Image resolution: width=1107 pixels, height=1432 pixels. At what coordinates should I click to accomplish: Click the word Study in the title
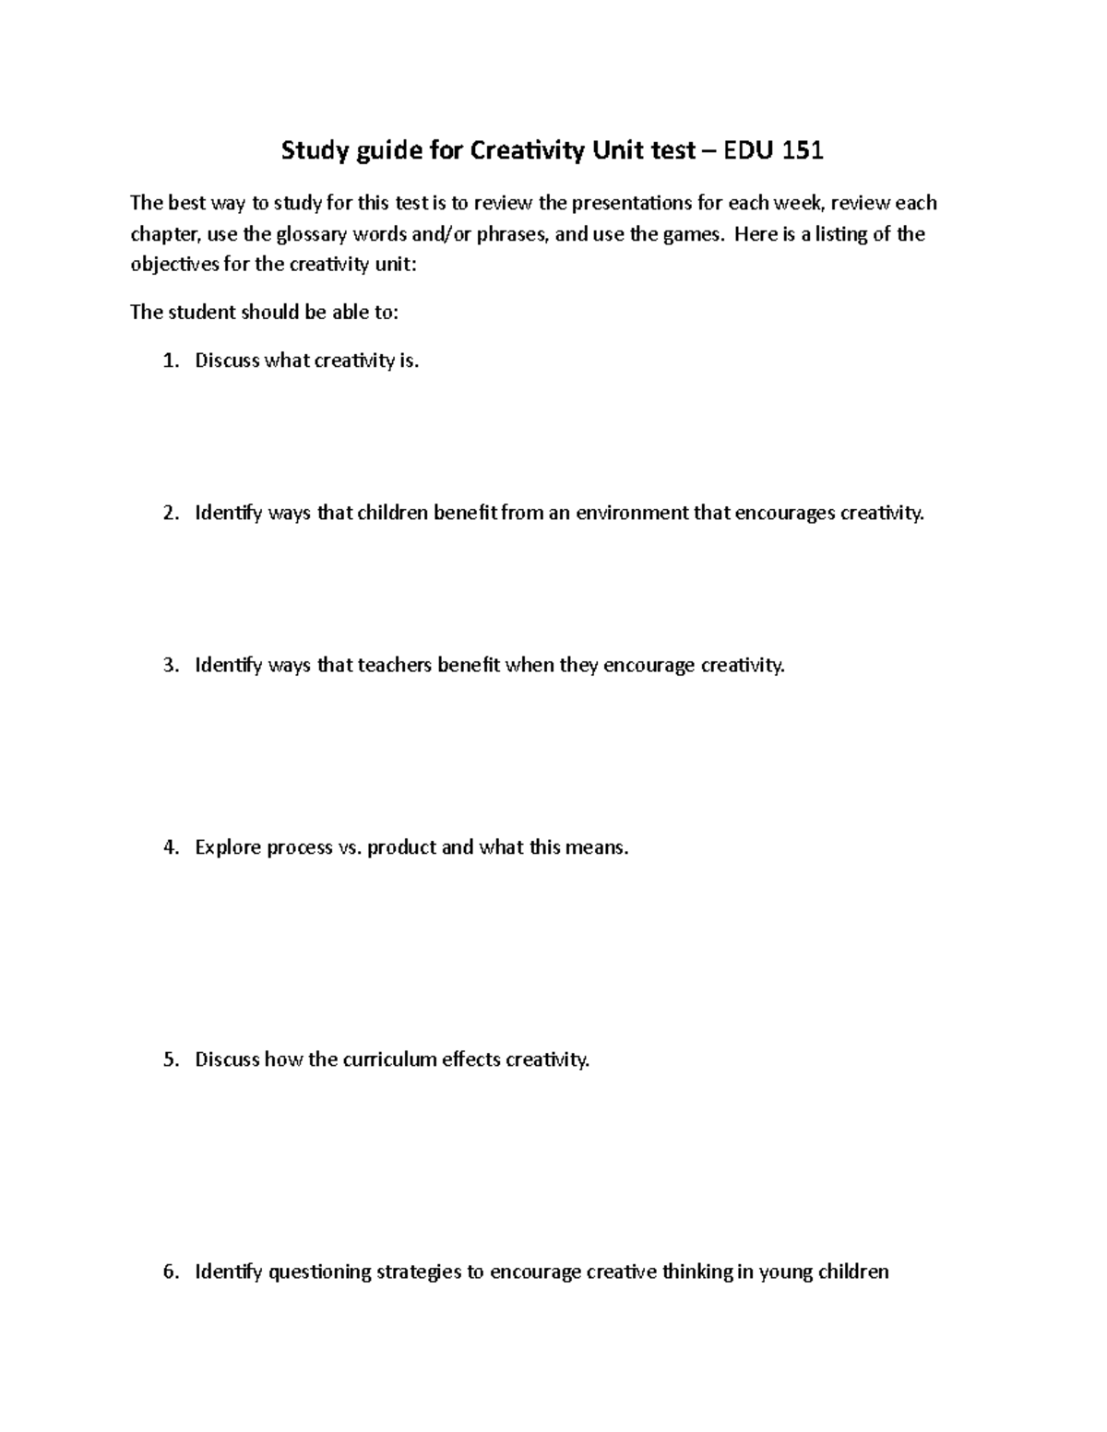tap(312, 151)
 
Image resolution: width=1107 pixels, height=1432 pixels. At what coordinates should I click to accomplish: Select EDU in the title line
tap(750, 150)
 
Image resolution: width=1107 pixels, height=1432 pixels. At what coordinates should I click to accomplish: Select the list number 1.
tap(169, 361)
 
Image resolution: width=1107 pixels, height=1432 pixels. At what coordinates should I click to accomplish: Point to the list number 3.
tap(169, 665)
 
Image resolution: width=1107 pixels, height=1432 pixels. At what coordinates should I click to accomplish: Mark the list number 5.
tap(169, 1059)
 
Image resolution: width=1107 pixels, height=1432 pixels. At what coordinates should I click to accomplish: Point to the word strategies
tap(419, 1272)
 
